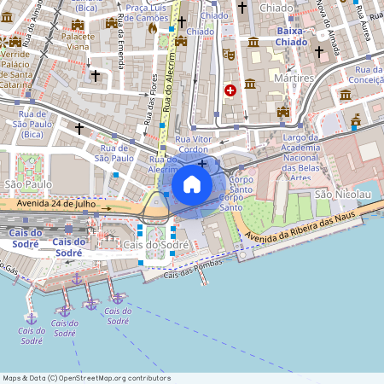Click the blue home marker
point(192,184)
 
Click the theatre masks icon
point(229,53)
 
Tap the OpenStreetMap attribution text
point(85,377)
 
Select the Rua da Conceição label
point(368,76)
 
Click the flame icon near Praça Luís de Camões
point(152,27)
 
